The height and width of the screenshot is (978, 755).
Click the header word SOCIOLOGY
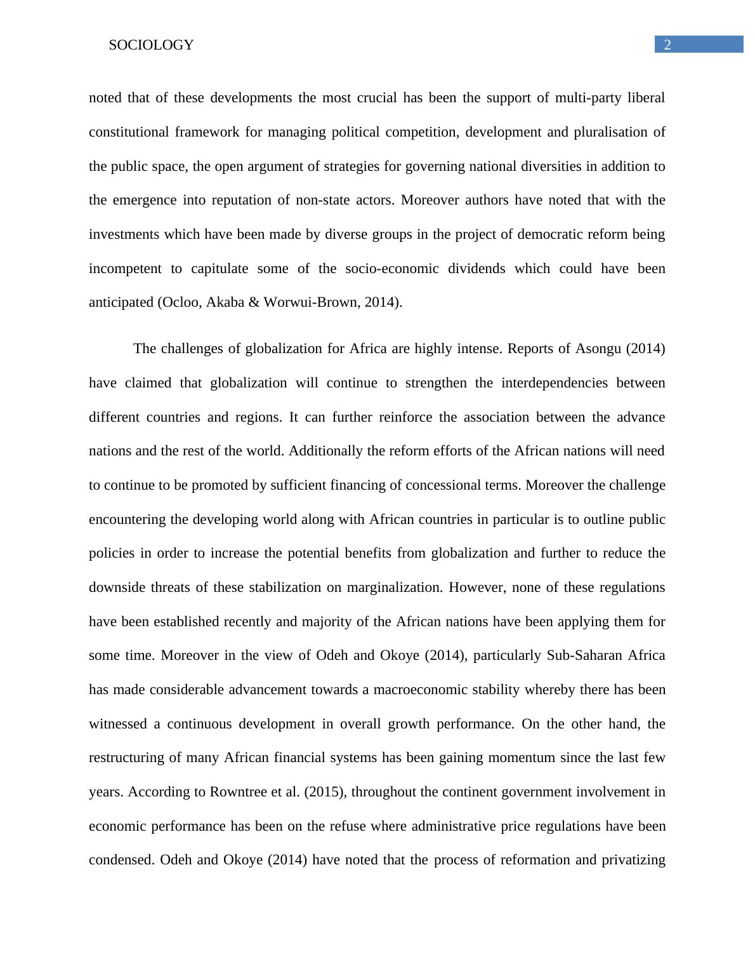(x=151, y=45)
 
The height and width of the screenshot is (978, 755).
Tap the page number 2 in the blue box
(x=667, y=44)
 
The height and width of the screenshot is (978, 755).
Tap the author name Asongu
(x=598, y=349)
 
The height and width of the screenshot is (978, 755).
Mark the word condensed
(x=122, y=860)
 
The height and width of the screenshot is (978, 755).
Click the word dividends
(x=476, y=269)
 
